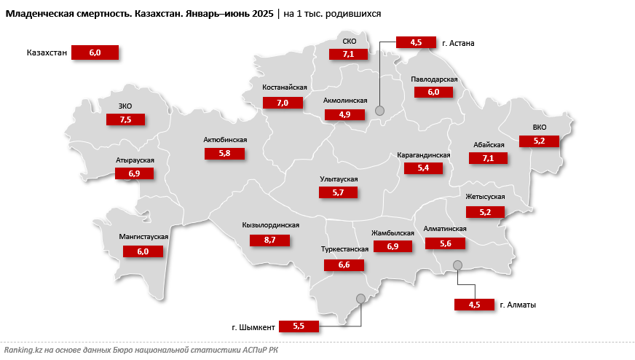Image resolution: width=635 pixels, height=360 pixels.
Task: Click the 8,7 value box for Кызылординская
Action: (269, 239)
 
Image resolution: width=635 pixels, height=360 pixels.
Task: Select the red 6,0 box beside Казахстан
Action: (95, 52)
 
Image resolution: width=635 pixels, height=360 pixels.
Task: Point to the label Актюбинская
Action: (226, 140)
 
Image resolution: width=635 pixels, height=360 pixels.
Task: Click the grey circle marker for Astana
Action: (379, 110)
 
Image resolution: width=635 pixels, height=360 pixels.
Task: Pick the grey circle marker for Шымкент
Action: (360, 298)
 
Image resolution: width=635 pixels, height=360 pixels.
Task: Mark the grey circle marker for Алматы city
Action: (457, 265)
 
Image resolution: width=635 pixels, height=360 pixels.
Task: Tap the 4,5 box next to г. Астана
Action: (416, 42)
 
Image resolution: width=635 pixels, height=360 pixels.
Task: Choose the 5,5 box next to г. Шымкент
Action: (299, 326)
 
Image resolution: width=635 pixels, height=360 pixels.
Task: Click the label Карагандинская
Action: (424, 155)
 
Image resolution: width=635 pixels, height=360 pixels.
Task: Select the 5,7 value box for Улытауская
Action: (338, 192)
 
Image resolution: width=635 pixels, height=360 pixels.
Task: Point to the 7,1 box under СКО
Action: (348, 53)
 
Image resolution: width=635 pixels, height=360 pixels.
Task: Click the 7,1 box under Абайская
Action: (488, 158)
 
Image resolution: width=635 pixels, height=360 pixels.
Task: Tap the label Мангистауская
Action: (144, 238)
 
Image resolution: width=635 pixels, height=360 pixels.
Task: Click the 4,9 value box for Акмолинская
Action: (344, 114)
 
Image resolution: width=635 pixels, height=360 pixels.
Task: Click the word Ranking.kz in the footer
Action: (23, 351)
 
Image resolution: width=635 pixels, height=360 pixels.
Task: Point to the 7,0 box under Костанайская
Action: (283, 103)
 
